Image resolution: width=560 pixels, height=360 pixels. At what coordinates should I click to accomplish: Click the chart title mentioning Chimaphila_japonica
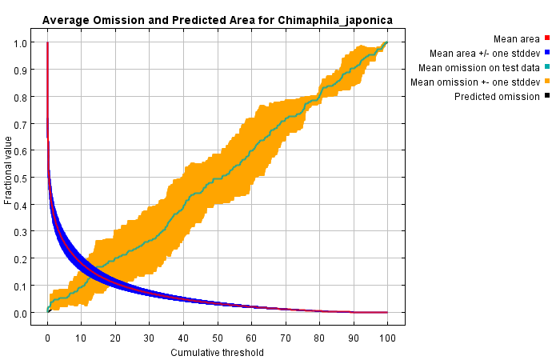coord(218,19)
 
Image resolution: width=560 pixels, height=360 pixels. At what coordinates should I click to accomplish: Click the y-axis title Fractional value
coord(9,170)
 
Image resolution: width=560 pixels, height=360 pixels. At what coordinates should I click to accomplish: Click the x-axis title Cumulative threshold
coord(218,352)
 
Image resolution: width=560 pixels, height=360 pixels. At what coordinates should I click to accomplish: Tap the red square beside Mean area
coord(547,38)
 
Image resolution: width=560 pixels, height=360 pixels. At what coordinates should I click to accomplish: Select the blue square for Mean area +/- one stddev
coord(547,53)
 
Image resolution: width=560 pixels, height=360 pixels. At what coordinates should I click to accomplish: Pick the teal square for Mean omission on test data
coord(547,67)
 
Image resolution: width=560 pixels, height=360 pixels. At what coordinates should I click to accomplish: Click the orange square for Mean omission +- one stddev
coord(547,82)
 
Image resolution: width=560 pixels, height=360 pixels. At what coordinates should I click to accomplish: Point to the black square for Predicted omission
coord(547,97)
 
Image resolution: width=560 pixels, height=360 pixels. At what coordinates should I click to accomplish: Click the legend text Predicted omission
coord(497,97)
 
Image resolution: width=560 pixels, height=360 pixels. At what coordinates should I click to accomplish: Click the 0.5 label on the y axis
coord(23,178)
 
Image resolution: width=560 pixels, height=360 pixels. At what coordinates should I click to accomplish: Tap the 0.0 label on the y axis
coord(23,313)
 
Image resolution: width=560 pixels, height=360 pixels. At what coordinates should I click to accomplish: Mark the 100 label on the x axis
coord(387,337)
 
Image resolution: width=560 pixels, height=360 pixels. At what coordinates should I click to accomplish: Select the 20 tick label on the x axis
coord(116,337)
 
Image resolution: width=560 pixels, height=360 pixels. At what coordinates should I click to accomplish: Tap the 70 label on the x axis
coord(286,337)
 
